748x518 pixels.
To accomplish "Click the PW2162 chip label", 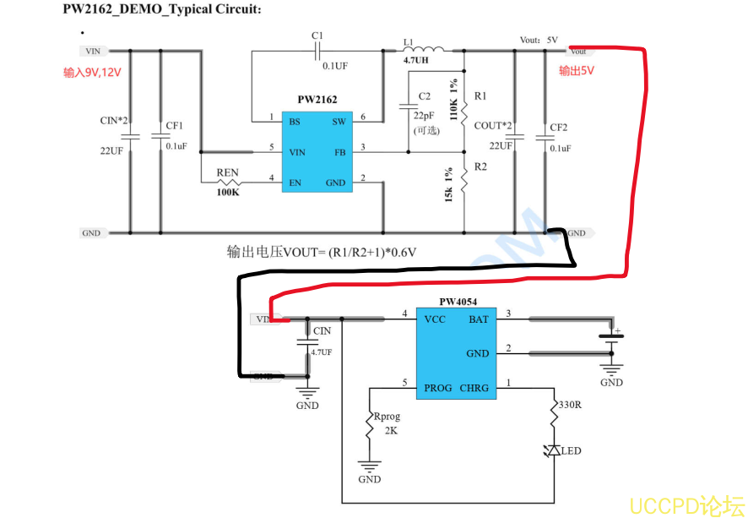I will pyautogui.click(x=317, y=100).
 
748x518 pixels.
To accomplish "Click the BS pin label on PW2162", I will pyautogui.click(x=295, y=122).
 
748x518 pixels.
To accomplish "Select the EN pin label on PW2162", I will pyautogui.click(x=295, y=183).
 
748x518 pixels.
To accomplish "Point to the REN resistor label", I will pyautogui.click(x=227, y=172).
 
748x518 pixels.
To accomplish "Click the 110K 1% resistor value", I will pyautogui.click(x=454, y=100).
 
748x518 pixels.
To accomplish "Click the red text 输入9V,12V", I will pyautogui.click(x=93, y=73).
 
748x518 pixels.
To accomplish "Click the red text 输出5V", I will pyautogui.click(x=577, y=71).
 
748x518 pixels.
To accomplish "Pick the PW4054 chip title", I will pyautogui.click(x=458, y=302).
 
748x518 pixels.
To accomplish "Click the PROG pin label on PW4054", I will pyautogui.click(x=438, y=388).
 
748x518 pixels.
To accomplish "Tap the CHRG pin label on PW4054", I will pyautogui.click(x=474, y=388).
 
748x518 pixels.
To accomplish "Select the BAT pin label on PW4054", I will pyautogui.click(x=478, y=319).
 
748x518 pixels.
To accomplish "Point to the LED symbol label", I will pyautogui.click(x=571, y=451).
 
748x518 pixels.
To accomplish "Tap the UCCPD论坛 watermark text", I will pyautogui.click(x=687, y=504).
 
